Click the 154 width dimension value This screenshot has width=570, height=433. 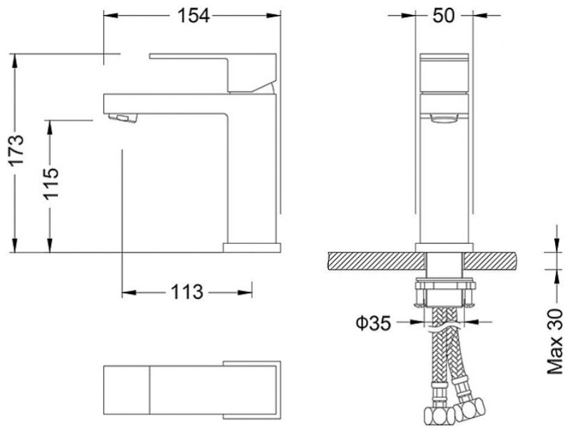[193, 16]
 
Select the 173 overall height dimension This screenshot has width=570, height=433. [16, 150]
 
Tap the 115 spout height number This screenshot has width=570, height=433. [51, 183]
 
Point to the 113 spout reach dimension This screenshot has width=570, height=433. [187, 292]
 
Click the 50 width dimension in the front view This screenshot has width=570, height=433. [444, 16]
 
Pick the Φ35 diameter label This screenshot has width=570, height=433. [373, 323]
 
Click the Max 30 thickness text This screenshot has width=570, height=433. [555, 341]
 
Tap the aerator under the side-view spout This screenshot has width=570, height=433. [123, 118]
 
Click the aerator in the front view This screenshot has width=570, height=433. [443, 119]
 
